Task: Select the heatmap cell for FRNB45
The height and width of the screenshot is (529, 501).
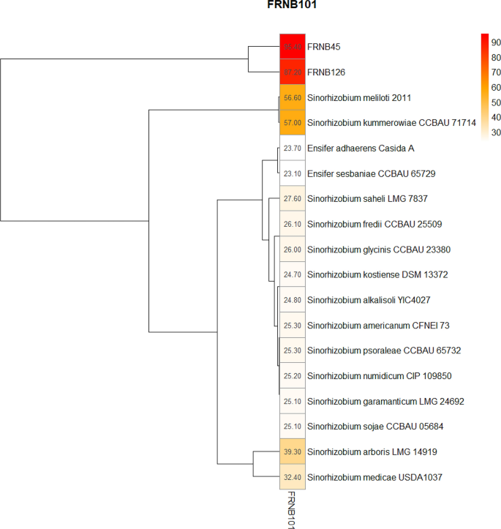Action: tap(292, 46)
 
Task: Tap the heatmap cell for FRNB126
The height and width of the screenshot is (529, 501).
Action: tap(292, 72)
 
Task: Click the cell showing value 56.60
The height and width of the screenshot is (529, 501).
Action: tap(292, 97)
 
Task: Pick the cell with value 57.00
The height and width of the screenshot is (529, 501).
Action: tap(292, 123)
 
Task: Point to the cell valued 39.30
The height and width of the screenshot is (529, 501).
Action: tap(292, 451)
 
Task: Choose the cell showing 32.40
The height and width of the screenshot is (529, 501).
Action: tap(292, 477)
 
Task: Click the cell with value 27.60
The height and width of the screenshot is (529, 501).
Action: tap(292, 198)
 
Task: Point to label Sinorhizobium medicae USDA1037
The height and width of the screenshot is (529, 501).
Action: tap(374, 477)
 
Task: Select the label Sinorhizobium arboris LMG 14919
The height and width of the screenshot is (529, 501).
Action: tap(373, 451)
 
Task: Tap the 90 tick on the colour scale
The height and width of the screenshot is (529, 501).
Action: tap(495, 42)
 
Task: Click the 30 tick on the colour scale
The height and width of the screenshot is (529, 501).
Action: tap(495, 132)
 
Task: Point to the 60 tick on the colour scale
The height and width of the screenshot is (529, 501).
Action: tap(495, 87)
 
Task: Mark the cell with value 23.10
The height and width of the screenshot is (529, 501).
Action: tap(292, 173)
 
